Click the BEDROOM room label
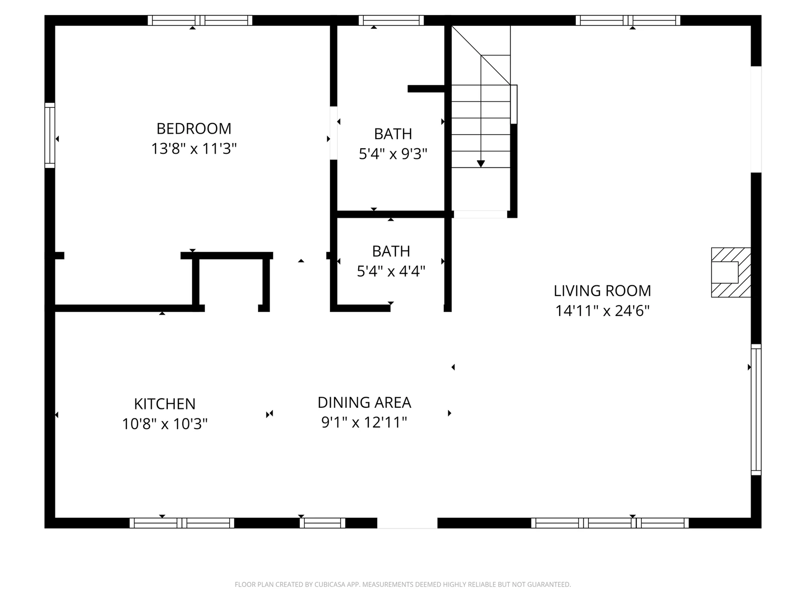point(194,129)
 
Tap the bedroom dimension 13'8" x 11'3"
point(194,149)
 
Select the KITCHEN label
point(165,404)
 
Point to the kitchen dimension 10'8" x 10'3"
point(165,424)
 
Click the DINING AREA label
point(364,403)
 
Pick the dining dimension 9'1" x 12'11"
point(364,422)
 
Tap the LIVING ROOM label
point(602,291)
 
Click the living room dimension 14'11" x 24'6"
point(602,311)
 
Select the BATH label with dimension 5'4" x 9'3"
point(393,134)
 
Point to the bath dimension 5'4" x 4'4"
point(391,271)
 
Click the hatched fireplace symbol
point(731,273)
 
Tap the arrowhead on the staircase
point(481,164)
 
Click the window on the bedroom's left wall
point(50,136)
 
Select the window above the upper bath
point(391,20)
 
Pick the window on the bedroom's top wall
point(200,20)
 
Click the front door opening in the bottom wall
point(407,523)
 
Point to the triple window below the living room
point(610,523)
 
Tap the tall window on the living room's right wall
point(756,409)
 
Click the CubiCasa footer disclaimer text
point(403,584)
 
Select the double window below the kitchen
point(182,523)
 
